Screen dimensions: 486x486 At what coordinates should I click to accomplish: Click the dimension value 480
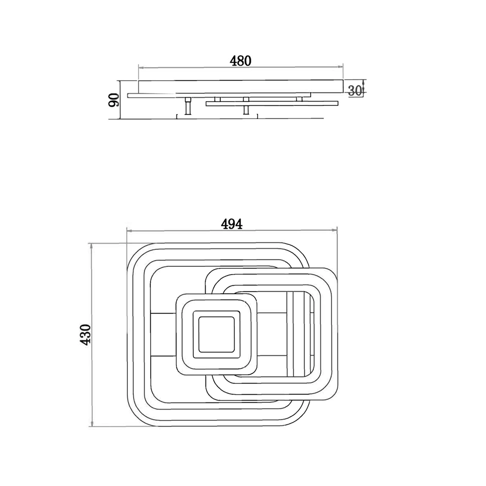pyautogui.click(x=241, y=61)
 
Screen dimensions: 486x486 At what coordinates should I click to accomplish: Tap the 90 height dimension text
pyautogui.click(x=114, y=100)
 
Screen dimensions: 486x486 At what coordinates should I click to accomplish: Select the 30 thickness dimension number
pyautogui.click(x=355, y=90)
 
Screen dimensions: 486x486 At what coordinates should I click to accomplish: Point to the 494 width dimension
pyautogui.click(x=231, y=224)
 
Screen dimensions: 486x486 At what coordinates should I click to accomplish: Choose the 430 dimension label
pyautogui.click(x=85, y=334)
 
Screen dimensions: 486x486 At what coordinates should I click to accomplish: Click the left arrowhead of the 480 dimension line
pyautogui.click(x=140, y=67)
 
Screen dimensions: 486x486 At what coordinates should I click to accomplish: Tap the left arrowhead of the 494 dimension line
pyautogui.click(x=129, y=230)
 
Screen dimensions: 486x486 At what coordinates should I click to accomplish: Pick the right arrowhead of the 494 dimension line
pyautogui.click(x=335, y=230)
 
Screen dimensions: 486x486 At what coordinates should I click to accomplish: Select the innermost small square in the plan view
pyautogui.click(x=217, y=334)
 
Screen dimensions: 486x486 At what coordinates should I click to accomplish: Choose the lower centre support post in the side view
pyautogui.click(x=246, y=110)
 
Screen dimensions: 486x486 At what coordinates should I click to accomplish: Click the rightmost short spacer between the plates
pyautogui.click(x=299, y=99)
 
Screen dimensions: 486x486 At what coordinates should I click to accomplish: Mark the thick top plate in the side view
pyautogui.click(x=241, y=87)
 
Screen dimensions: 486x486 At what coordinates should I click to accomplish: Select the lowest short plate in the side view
pyautogui.click(x=272, y=103)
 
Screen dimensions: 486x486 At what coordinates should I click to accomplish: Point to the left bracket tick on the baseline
pyautogui.click(x=177, y=116)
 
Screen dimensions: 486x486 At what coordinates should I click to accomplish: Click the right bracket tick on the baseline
pyautogui.click(x=257, y=116)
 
